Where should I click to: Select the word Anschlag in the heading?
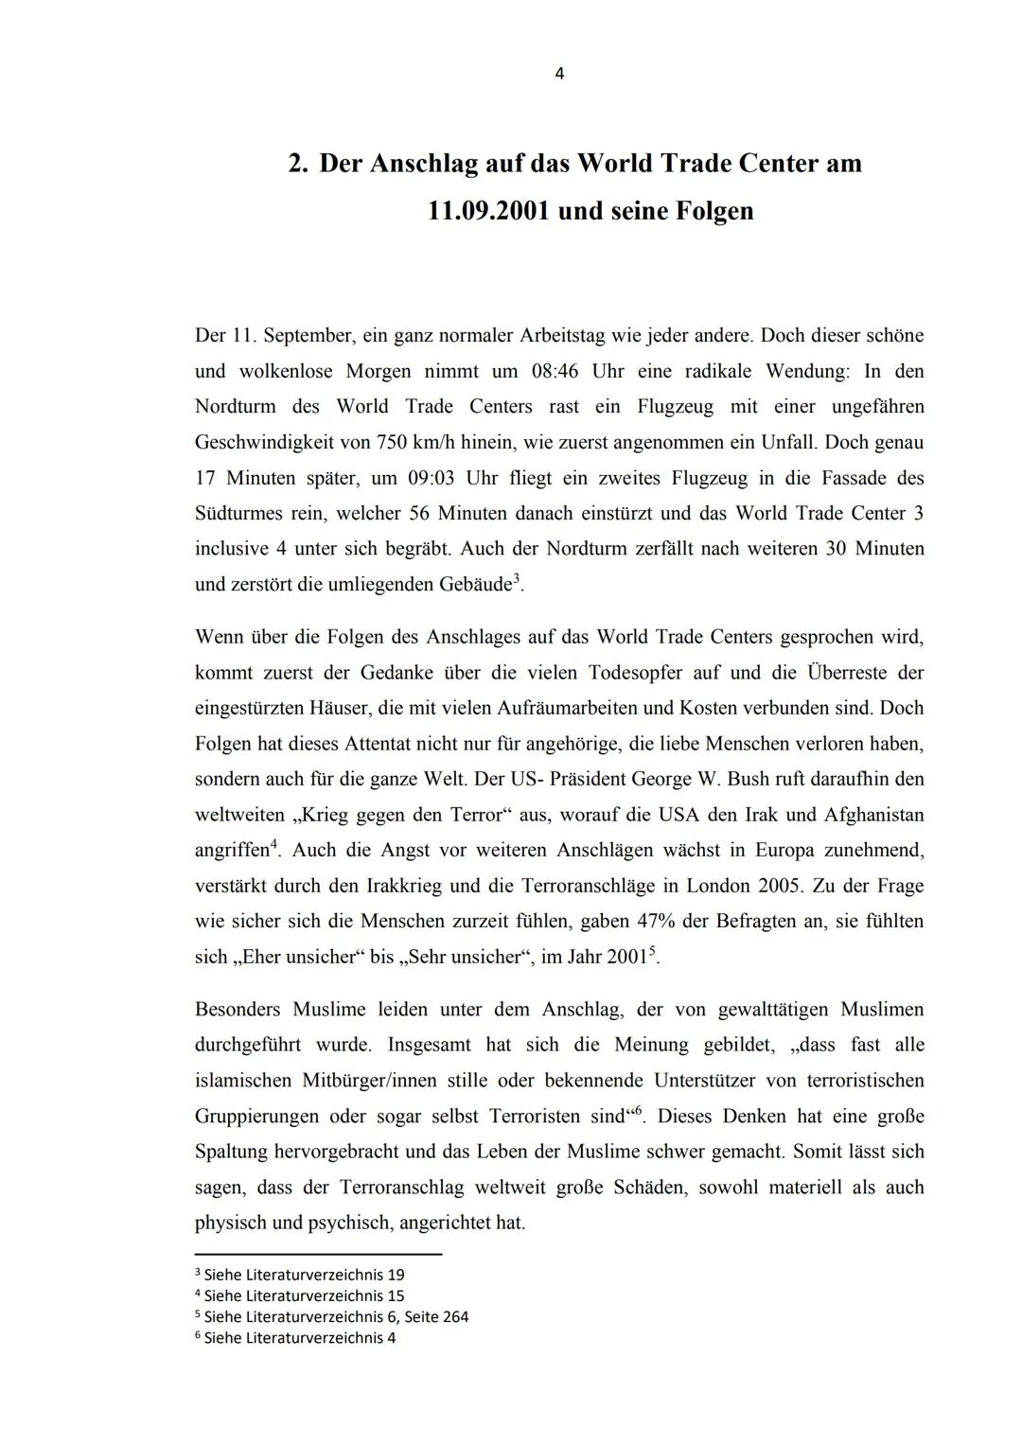click(424, 164)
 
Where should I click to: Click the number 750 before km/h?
click(393, 442)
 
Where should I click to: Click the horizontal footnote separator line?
click(318, 1254)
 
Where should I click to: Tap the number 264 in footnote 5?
click(453, 1316)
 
